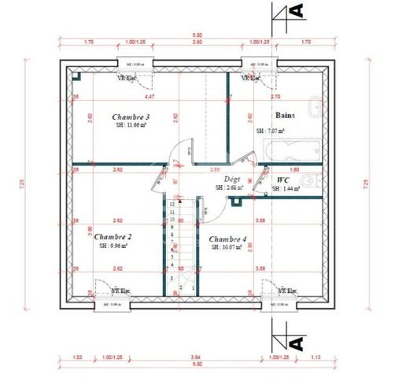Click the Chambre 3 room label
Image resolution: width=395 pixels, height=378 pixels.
(x=131, y=117)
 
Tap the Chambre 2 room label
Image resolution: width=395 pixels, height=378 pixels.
(x=113, y=236)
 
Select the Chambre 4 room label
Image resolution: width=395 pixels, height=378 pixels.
(x=227, y=239)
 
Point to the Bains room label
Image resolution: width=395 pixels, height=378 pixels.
(x=284, y=115)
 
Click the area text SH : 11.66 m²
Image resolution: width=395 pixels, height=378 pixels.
(x=131, y=126)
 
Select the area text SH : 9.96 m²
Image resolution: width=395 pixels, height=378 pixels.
(x=113, y=246)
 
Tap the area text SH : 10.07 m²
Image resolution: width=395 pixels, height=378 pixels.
(x=228, y=247)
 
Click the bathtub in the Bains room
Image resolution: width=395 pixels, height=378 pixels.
(x=293, y=149)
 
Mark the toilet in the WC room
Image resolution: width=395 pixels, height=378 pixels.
(x=312, y=181)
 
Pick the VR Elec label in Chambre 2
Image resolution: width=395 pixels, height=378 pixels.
(x=120, y=291)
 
